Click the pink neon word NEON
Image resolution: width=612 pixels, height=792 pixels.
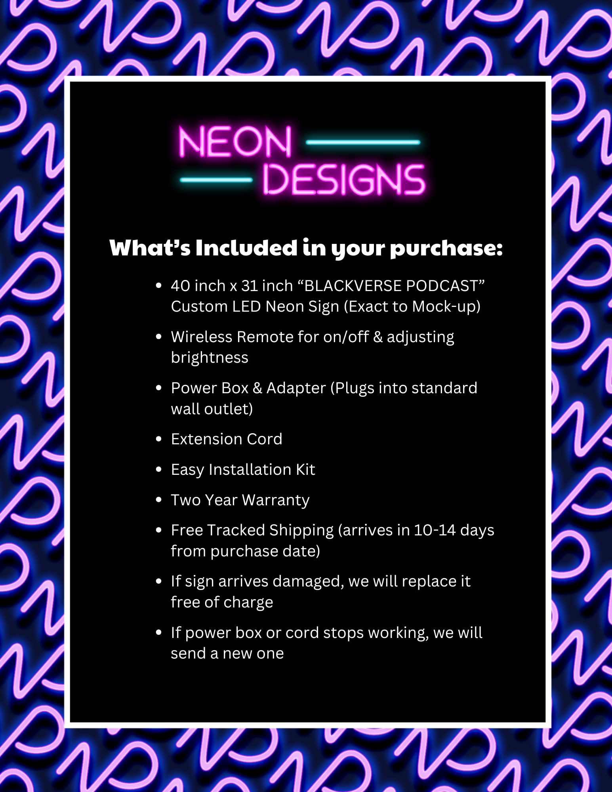[x=235, y=142]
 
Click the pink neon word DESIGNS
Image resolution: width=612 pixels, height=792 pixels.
[x=344, y=180]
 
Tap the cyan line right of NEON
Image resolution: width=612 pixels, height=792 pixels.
[x=363, y=142]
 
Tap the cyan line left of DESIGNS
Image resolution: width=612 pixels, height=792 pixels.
[x=216, y=180]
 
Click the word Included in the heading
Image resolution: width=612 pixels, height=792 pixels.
[x=246, y=248]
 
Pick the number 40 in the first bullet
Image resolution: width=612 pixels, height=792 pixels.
[x=179, y=286]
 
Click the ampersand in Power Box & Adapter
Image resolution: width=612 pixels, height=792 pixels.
[x=257, y=388]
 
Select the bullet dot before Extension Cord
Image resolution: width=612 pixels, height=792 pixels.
[x=159, y=439]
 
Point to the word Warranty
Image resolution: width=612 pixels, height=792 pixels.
[x=276, y=501]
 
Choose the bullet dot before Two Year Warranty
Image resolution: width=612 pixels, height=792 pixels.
[x=159, y=500]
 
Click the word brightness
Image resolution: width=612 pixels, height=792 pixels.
[x=210, y=358]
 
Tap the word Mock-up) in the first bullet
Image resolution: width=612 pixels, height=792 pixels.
[x=446, y=307]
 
